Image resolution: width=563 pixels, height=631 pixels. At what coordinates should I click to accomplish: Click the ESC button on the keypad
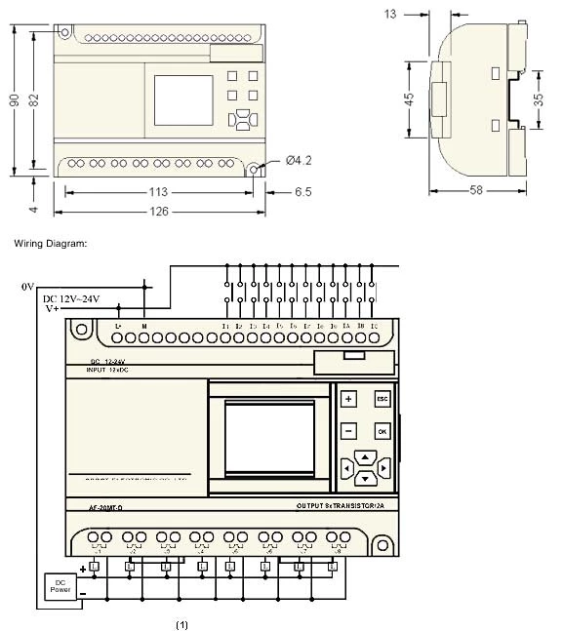(382, 399)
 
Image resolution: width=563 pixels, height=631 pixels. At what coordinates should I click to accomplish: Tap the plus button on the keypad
(348, 399)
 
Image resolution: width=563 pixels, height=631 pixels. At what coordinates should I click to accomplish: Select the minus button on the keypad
(348, 430)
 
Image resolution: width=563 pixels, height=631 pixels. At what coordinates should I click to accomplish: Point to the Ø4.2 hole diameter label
(299, 160)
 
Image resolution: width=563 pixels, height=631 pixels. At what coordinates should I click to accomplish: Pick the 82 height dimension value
(35, 100)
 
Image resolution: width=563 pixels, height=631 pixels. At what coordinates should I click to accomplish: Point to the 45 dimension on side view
(410, 99)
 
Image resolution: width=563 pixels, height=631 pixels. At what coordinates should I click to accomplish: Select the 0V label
(27, 287)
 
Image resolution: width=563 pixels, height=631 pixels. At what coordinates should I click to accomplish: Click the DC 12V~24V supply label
(70, 298)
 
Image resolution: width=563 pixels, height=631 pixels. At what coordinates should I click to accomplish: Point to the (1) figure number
(181, 621)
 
